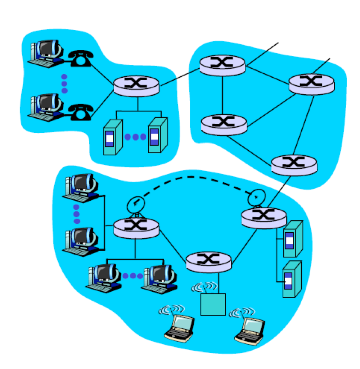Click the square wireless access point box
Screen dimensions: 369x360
[x=213, y=304]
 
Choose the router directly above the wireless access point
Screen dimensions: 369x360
[x=208, y=262]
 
